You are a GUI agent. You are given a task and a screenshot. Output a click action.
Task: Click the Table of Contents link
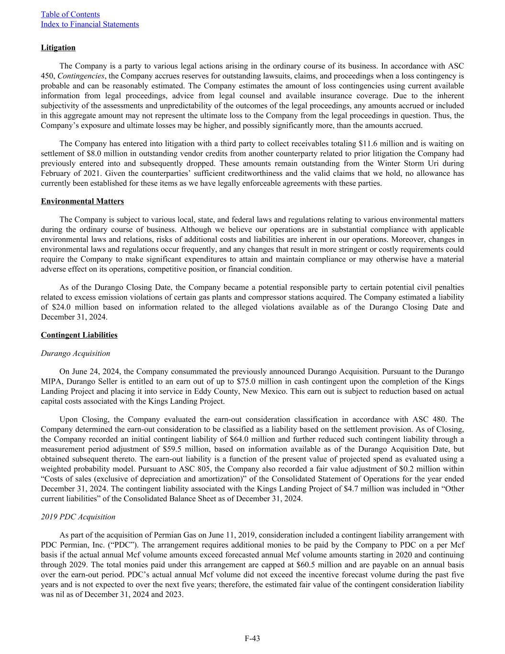pos(70,14)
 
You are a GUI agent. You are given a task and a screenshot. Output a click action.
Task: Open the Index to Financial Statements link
pos(90,24)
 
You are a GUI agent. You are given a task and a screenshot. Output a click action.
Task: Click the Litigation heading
pos(58,48)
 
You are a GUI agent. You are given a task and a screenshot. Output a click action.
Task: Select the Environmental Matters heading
pos(82,201)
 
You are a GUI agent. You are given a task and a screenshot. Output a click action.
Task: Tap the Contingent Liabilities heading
pos(79,335)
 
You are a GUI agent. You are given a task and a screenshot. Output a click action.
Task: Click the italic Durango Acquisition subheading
pos(75,354)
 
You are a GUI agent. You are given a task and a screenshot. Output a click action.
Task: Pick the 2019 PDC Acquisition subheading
pos(78,517)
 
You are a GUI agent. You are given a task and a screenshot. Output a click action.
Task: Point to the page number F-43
pos(252,638)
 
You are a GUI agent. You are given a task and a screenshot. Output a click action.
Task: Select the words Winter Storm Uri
pos(409,163)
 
